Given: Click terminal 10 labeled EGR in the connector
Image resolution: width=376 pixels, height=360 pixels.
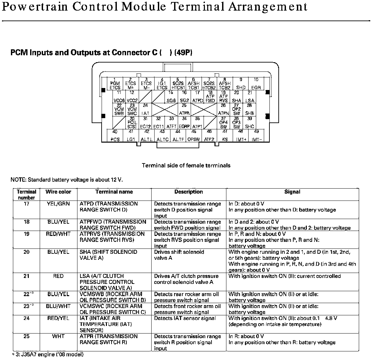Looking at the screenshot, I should [x=256, y=84].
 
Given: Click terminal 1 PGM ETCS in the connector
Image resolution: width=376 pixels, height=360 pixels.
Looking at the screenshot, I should [x=115, y=84].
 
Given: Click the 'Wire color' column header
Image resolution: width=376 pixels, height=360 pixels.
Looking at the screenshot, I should [x=58, y=192].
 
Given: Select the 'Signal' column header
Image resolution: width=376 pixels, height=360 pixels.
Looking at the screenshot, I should [x=292, y=192].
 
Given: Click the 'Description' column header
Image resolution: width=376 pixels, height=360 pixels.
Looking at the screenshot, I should [x=189, y=192].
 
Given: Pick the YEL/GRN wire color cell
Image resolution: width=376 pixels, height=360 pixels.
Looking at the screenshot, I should [x=58, y=203].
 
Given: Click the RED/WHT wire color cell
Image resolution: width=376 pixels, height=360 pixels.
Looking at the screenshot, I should [x=58, y=234].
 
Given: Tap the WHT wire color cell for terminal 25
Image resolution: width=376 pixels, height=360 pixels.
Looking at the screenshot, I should [x=58, y=336].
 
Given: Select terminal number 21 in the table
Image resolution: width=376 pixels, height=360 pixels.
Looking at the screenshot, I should [x=26, y=276].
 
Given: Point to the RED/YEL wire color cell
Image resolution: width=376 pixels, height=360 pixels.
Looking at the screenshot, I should [x=58, y=318].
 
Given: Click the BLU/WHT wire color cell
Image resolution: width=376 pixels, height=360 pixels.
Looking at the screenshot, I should [x=58, y=306].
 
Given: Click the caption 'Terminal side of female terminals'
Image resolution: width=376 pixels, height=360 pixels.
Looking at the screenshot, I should [x=186, y=165].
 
